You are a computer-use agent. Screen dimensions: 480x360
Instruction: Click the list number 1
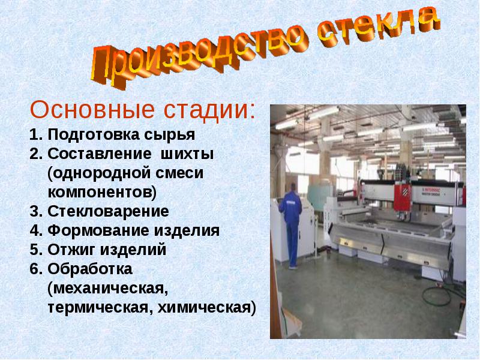(x=35, y=134)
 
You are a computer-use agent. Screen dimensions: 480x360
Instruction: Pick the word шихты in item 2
(x=187, y=154)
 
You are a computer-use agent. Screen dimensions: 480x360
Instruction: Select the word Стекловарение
(x=109, y=212)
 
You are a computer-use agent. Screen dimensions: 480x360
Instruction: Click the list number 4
(x=35, y=230)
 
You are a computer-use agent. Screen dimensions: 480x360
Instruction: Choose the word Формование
(x=98, y=231)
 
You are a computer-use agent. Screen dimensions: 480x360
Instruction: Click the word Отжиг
(x=71, y=250)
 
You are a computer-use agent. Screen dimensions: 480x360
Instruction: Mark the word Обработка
(x=90, y=269)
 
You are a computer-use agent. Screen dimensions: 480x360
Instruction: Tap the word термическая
(x=98, y=308)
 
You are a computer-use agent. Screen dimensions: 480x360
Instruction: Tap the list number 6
(x=35, y=269)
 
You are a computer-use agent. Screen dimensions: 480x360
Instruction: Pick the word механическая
(x=108, y=289)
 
